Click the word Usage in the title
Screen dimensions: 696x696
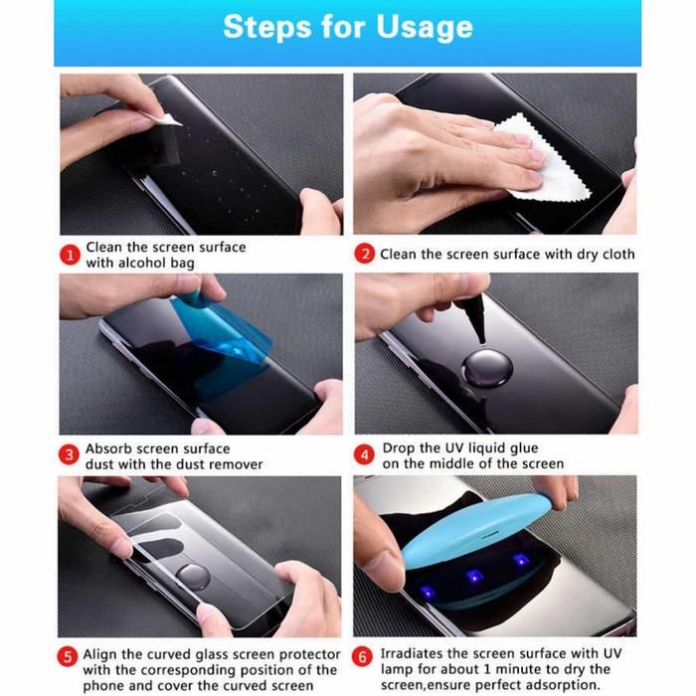click(x=425, y=28)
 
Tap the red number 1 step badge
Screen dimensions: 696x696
click(x=70, y=256)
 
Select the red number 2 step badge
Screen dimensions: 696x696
click(x=365, y=254)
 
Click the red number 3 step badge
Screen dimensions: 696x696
click(x=69, y=455)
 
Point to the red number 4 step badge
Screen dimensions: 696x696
click(x=365, y=455)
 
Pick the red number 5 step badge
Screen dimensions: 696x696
click(x=68, y=656)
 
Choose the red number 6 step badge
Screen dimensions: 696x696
click(x=362, y=656)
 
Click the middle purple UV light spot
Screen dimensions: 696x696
click(x=474, y=577)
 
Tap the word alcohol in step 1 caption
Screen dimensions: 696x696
click(x=140, y=262)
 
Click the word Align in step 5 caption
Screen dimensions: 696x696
click(x=99, y=655)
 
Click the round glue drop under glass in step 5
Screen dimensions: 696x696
click(x=193, y=577)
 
